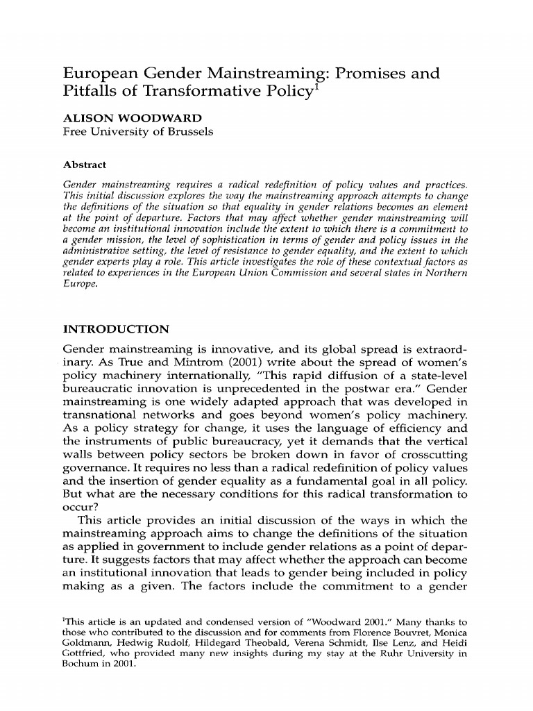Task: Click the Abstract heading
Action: (85, 165)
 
